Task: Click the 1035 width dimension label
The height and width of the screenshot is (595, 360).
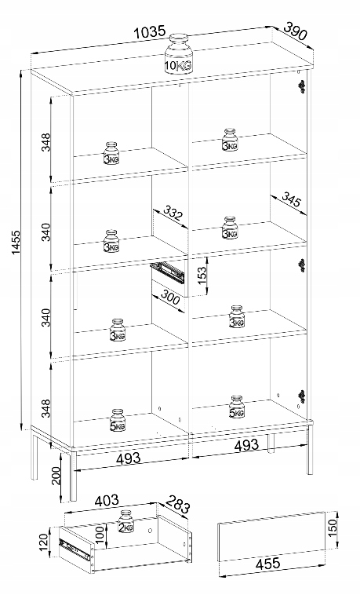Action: [x=151, y=33]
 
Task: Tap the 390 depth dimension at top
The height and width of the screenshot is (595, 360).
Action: [x=295, y=31]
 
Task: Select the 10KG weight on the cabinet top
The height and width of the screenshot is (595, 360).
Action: [x=178, y=53]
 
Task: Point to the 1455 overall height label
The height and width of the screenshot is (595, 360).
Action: [x=16, y=242]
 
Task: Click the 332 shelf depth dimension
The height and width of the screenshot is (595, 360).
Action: [x=173, y=213]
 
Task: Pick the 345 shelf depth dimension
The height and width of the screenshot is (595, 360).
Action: [x=291, y=199]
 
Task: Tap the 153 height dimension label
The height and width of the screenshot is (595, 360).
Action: [x=202, y=275]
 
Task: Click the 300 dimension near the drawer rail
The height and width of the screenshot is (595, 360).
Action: [x=169, y=297]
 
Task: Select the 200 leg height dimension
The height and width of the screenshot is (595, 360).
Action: [x=56, y=476]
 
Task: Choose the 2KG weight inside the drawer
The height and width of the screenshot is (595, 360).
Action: [x=126, y=522]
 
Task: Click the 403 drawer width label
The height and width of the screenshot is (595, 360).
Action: [x=106, y=501]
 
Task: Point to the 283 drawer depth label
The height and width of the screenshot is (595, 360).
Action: [x=177, y=504]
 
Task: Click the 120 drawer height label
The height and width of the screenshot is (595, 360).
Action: [x=44, y=542]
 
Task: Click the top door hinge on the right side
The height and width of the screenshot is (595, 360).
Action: [x=302, y=87]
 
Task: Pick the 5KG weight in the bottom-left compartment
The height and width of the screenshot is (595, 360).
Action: [x=118, y=421]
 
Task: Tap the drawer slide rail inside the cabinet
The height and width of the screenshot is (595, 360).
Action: [x=168, y=272]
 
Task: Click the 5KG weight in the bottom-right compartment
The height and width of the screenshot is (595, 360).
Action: [x=237, y=407]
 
